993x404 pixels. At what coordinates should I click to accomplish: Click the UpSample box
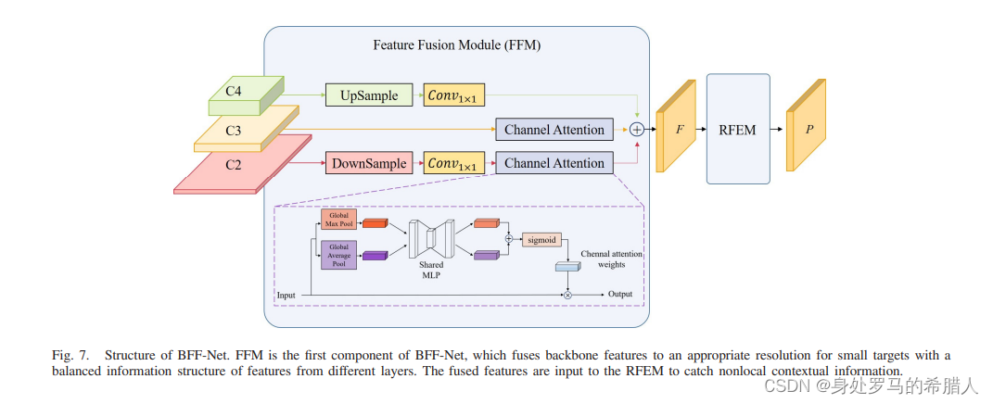point(368,95)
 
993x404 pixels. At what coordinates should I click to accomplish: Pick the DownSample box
point(368,164)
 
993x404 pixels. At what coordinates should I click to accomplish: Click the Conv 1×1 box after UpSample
point(455,95)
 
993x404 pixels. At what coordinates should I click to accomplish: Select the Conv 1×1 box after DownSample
point(455,164)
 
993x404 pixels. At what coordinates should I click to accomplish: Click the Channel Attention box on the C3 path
point(554,130)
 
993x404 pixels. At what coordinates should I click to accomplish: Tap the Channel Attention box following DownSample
point(554,164)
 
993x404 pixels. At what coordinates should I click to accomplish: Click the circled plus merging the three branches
point(637,130)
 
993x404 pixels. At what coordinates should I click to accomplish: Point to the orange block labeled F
point(677,130)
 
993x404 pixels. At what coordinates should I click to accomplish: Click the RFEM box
point(738,130)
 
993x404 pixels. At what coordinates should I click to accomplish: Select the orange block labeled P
point(806,130)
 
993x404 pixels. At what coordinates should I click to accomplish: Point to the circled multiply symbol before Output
point(567,295)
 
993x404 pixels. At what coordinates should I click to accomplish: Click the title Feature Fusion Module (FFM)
point(456,44)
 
